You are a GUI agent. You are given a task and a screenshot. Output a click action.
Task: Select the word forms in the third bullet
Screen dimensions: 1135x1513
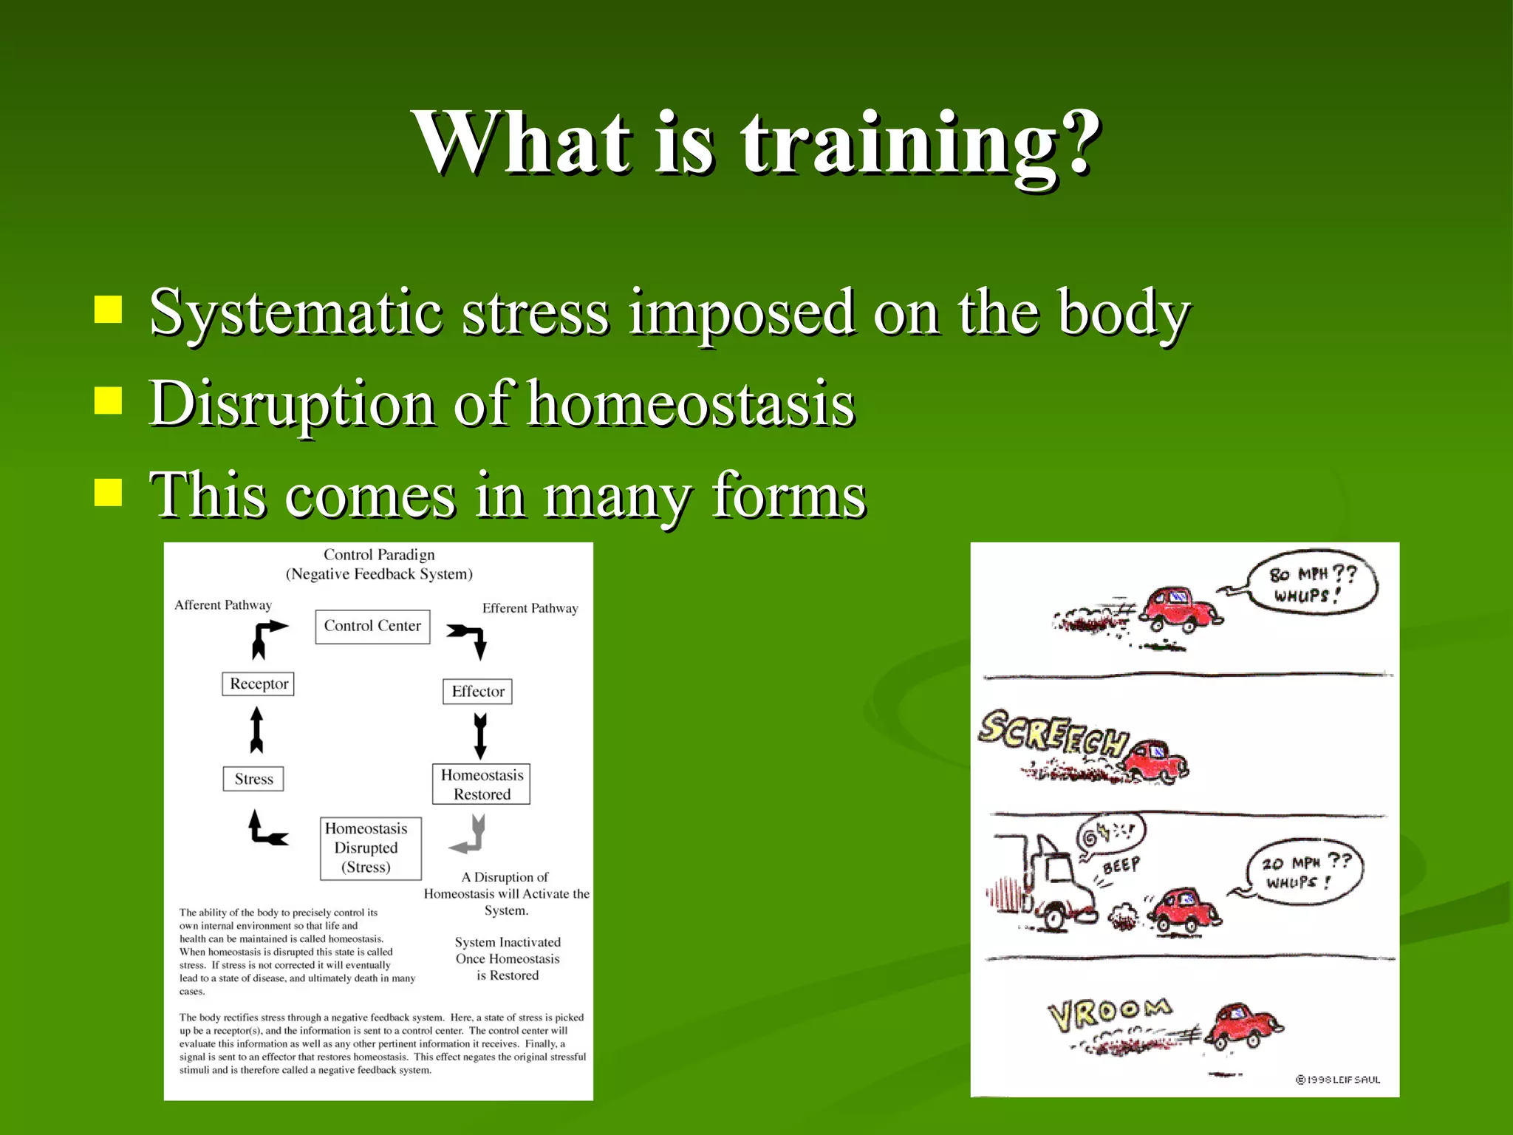[788, 495]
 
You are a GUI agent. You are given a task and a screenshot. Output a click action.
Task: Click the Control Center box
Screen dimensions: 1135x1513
[372, 626]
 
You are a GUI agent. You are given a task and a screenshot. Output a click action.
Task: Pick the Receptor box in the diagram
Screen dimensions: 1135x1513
[259, 684]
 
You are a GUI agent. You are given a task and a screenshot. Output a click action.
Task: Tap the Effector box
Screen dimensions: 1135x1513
[477, 692]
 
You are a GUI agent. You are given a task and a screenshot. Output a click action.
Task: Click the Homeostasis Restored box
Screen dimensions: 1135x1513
[481, 784]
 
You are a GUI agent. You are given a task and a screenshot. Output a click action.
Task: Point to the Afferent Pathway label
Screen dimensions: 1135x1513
[223, 605]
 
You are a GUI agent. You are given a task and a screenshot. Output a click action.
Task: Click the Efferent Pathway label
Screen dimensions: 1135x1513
[530, 608]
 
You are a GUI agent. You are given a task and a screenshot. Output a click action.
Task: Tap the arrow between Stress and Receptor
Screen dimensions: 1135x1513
[256, 729]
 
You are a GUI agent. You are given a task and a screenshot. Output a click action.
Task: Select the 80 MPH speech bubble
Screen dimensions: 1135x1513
[1312, 584]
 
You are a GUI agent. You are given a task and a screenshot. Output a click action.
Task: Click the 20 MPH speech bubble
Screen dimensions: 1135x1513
[1304, 871]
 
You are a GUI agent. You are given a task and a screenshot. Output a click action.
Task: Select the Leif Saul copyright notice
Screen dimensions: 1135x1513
[1338, 1080]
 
